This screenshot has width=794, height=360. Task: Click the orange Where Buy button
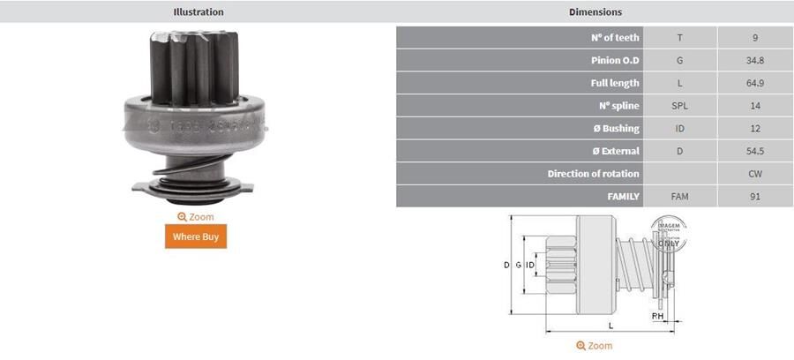196,236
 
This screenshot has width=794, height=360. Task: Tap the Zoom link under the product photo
196,217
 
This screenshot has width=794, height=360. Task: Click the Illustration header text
198,12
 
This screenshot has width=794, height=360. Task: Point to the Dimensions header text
595,12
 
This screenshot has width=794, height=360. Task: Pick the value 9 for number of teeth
755,38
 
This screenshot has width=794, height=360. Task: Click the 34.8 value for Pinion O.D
755,61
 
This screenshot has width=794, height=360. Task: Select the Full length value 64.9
755,84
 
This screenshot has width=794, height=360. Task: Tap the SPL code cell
679,106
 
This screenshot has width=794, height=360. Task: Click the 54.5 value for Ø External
755,151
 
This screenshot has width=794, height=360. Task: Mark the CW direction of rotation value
755,174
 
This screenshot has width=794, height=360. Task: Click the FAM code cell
679,197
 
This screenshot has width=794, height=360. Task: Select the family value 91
755,197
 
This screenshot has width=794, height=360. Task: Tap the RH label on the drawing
657,315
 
